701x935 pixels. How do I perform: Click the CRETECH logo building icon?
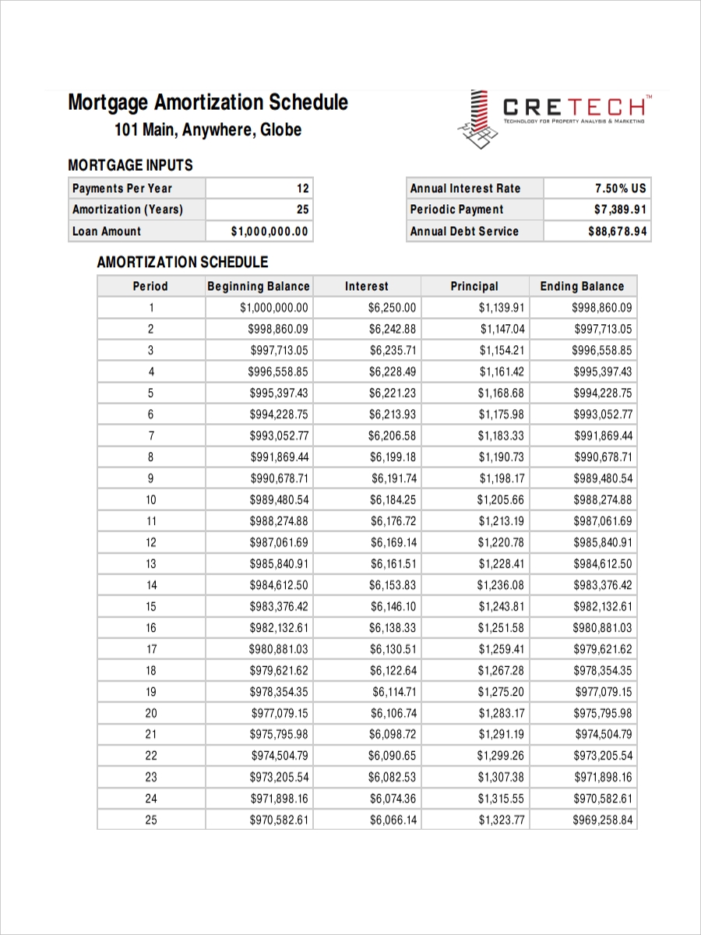click(x=477, y=119)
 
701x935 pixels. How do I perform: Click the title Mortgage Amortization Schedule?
click(x=208, y=103)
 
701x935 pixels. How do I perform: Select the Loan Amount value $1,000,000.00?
click(x=269, y=231)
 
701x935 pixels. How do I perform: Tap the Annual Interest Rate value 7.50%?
click(x=620, y=189)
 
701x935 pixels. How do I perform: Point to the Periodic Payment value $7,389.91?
click(x=620, y=210)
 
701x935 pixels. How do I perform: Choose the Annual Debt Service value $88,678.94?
click(x=617, y=231)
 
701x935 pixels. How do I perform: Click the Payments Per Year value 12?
click(x=302, y=189)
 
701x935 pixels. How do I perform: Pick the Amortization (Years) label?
click(x=128, y=210)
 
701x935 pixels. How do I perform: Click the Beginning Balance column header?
click(x=259, y=286)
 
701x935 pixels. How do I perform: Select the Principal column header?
click(x=474, y=286)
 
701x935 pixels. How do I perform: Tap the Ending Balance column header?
click(x=582, y=286)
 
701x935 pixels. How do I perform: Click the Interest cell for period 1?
click(x=393, y=308)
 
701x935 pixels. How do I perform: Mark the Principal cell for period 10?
click(x=501, y=500)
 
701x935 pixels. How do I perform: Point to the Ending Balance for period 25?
click(x=603, y=820)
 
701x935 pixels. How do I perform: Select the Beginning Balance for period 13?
click(x=279, y=564)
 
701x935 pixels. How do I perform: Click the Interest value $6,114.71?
click(x=394, y=692)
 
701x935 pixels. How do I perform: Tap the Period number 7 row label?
click(x=150, y=436)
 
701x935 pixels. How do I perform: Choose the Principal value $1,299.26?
click(x=501, y=756)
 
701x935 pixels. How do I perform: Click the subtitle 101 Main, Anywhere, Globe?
click(x=208, y=130)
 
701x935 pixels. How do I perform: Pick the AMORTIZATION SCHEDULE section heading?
click(x=182, y=263)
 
